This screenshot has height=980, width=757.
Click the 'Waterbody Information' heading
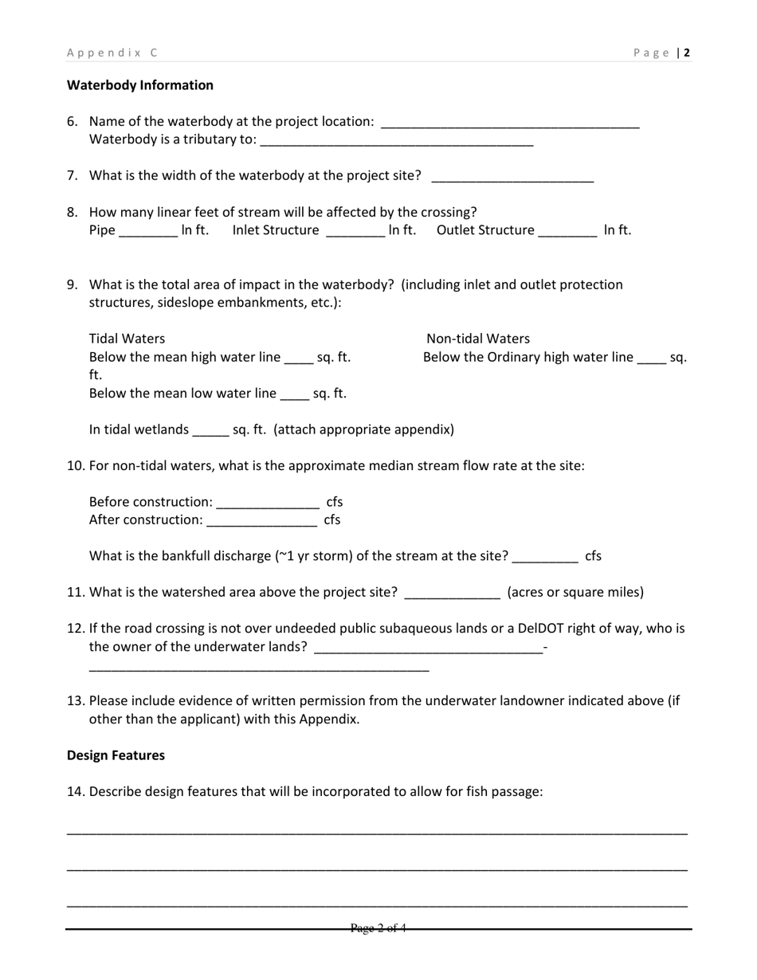pos(140,85)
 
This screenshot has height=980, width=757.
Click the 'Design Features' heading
pos(116,755)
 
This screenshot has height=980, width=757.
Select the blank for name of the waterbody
pos(510,123)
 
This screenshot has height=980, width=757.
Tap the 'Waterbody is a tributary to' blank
pos(396,142)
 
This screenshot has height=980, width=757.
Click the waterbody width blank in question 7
pos(512,178)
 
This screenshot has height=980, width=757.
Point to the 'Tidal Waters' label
pos(127,339)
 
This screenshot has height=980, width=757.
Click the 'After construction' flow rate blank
pos(261,522)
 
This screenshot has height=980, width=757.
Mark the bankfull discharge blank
pos(545,558)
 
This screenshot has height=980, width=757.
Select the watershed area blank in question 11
pos(453,594)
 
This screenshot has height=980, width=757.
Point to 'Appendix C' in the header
pos(112,53)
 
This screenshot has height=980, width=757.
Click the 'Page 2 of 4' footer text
pos(378,927)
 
